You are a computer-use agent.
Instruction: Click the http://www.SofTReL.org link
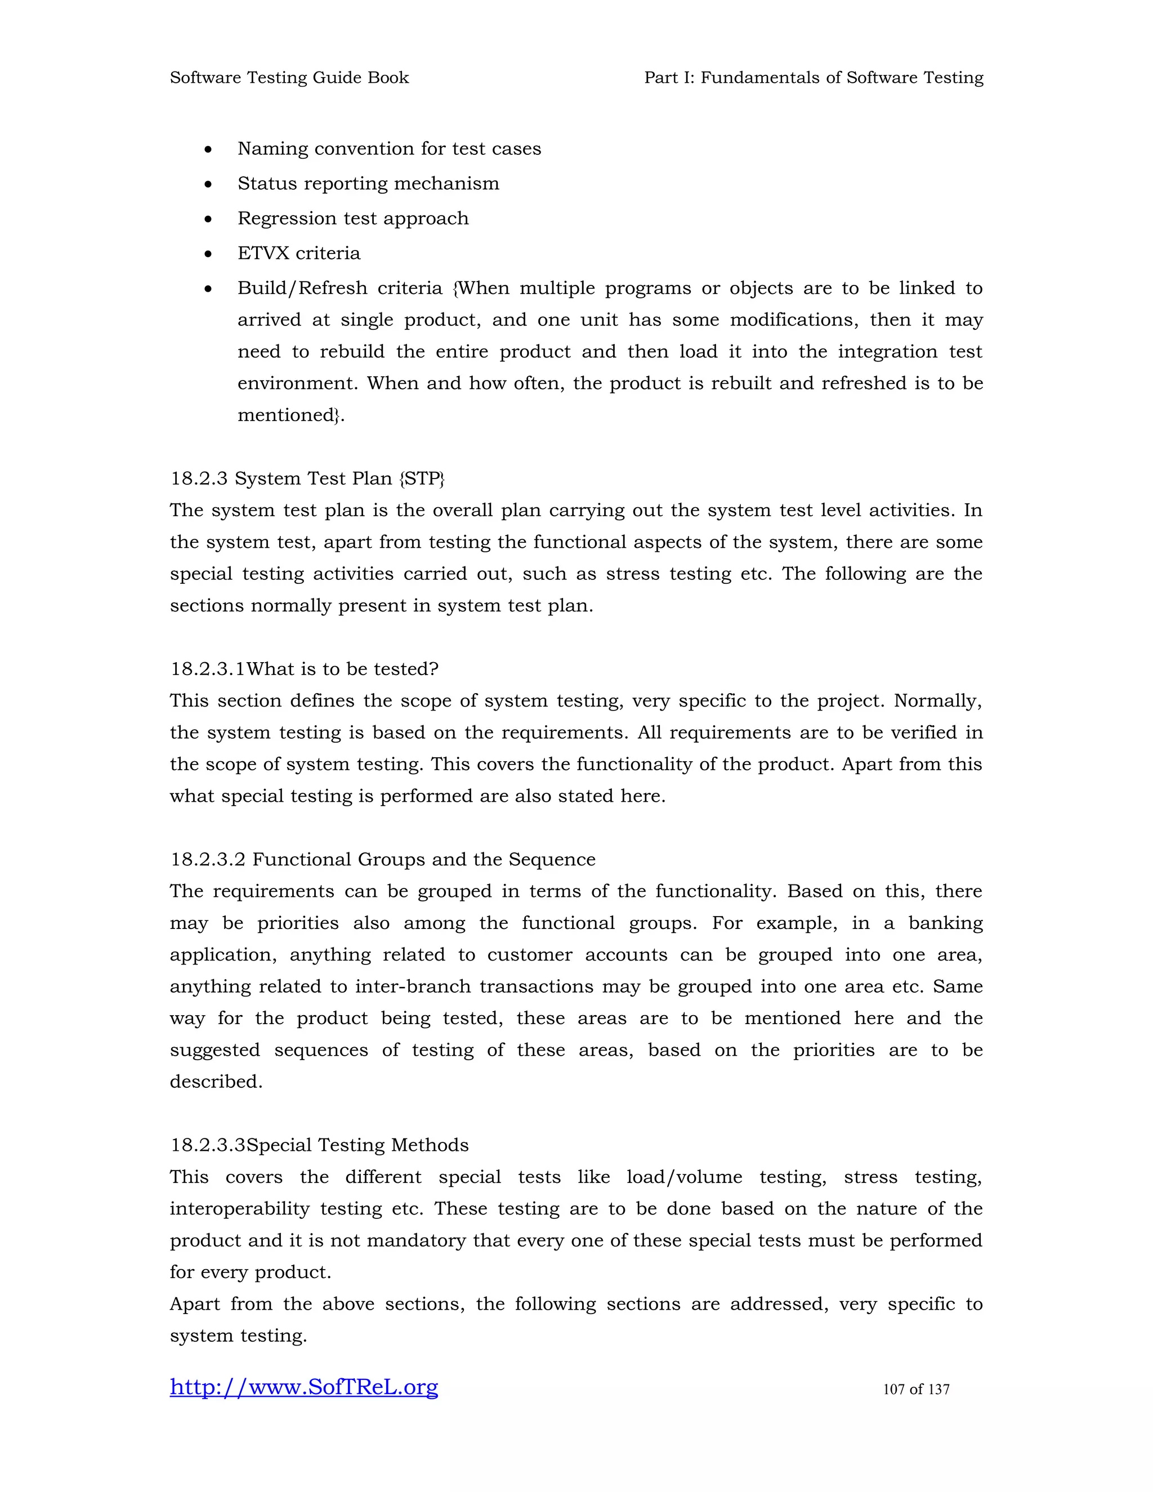(x=304, y=1387)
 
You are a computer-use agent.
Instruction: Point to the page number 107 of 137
(x=916, y=1389)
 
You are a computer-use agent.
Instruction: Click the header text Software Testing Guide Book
(x=289, y=78)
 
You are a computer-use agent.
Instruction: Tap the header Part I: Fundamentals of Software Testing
(x=814, y=78)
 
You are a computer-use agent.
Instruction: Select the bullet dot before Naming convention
(x=208, y=150)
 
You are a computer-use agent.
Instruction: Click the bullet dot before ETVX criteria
(x=208, y=254)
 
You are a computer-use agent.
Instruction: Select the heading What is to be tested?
(x=342, y=669)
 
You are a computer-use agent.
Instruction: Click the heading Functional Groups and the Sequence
(x=423, y=859)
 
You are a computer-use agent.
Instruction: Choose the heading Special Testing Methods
(x=357, y=1145)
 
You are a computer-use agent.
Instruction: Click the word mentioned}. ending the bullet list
(x=291, y=416)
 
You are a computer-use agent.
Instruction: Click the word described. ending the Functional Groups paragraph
(x=216, y=1082)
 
